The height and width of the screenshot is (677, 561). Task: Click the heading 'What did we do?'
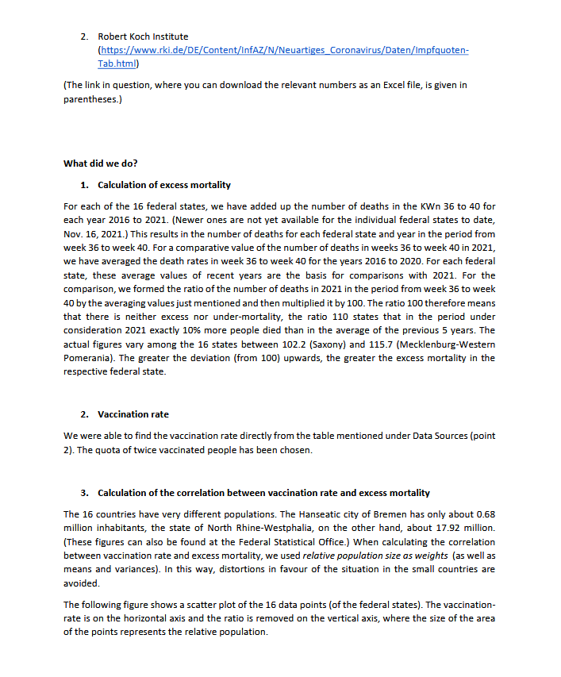[100, 163]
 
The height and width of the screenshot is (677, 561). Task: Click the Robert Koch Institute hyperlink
[282, 51]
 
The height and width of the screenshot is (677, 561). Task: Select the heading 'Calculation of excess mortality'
[164, 185]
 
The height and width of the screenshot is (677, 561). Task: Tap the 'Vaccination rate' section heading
[133, 414]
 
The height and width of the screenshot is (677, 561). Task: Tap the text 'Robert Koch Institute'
[143, 37]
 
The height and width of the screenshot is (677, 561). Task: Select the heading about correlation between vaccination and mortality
[263, 493]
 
